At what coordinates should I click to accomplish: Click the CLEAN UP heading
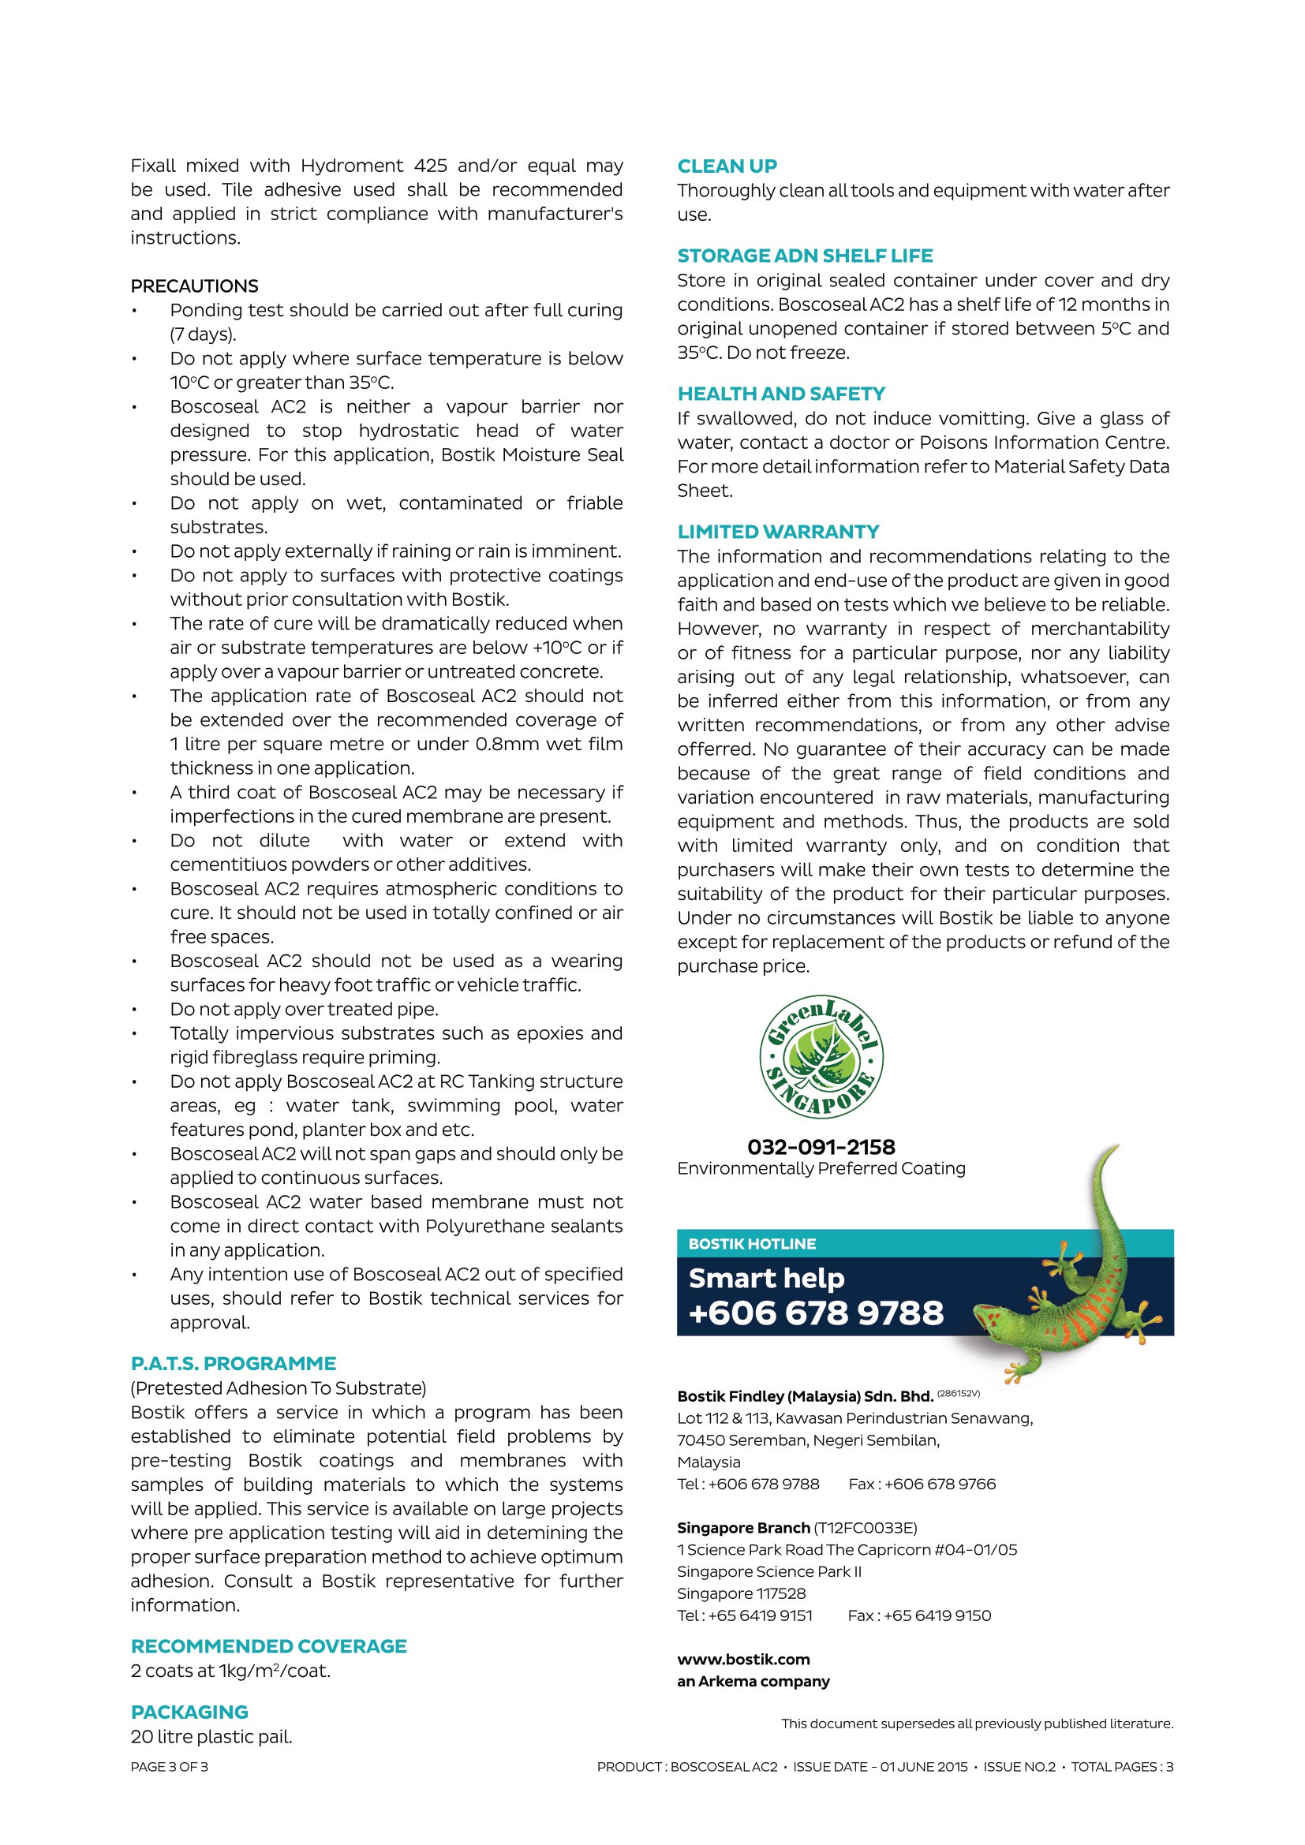(727, 166)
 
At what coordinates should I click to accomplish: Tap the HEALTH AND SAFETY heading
(780, 394)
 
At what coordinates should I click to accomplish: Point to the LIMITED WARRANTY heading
(778, 532)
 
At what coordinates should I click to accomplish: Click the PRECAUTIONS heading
(194, 286)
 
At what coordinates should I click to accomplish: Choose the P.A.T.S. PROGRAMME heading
(233, 1364)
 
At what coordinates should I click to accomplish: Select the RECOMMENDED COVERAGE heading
(268, 1646)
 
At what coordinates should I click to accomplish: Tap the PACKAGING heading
(189, 1712)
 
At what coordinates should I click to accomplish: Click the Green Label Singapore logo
(821, 1058)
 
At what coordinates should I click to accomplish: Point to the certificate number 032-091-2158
(821, 1147)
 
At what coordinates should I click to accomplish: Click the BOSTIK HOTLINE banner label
(751, 1244)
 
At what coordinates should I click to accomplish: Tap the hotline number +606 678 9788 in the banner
(816, 1313)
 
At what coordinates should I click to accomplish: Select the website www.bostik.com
(743, 1660)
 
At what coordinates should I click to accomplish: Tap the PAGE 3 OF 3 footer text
(169, 1767)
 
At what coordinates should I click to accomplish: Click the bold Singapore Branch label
(743, 1528)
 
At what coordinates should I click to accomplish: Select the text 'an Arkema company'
(753, 1681)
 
